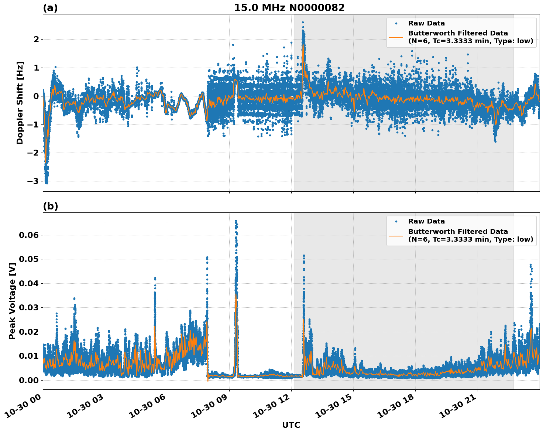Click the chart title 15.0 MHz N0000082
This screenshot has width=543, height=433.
(289, 8)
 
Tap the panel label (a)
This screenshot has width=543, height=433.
(50, 8)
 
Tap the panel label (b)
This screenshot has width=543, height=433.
(50, 206)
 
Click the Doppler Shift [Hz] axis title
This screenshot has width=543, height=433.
(20, 103)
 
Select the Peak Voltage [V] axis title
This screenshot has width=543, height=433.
(12, 301)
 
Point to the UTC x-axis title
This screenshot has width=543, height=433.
(291, 425)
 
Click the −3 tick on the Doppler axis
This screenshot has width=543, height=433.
(33, 181)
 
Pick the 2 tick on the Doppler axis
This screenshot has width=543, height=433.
(36, 39)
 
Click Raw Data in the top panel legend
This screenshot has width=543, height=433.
(426, 23)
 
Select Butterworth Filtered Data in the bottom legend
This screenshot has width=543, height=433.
(458, 232)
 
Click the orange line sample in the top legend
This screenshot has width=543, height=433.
(396, 37)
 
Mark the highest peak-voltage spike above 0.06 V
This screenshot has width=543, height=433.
(236, 221)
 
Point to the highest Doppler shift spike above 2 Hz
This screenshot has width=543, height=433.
(303, 23)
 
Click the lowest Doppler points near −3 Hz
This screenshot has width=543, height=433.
(46, 182)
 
